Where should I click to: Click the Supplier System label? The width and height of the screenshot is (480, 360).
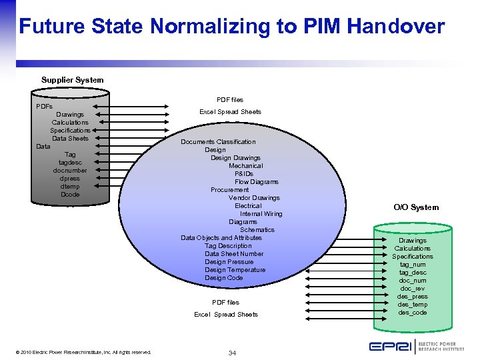72,80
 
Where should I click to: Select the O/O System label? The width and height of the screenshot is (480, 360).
416,207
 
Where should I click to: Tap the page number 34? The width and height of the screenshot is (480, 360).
232,353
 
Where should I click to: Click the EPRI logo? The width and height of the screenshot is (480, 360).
416,346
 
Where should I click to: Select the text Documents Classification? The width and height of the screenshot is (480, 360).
218,142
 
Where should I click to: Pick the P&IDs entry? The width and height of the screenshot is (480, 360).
244,174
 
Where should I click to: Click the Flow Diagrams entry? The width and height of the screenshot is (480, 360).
256,182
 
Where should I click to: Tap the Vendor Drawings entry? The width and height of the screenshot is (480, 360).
254,198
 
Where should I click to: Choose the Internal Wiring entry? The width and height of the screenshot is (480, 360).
261,214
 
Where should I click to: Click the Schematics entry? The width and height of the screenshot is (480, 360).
257,230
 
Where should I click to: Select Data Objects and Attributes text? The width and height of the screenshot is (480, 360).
221,238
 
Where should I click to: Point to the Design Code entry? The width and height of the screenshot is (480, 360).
223,278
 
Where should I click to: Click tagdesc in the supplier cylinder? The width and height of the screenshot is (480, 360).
70,163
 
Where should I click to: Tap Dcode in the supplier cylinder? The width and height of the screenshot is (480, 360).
70,195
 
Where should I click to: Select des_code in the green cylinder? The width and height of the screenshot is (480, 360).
413,313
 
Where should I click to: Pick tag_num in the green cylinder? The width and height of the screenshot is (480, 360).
413,265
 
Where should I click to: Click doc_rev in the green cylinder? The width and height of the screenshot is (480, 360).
413,289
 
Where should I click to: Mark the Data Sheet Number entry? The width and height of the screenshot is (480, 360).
234,254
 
